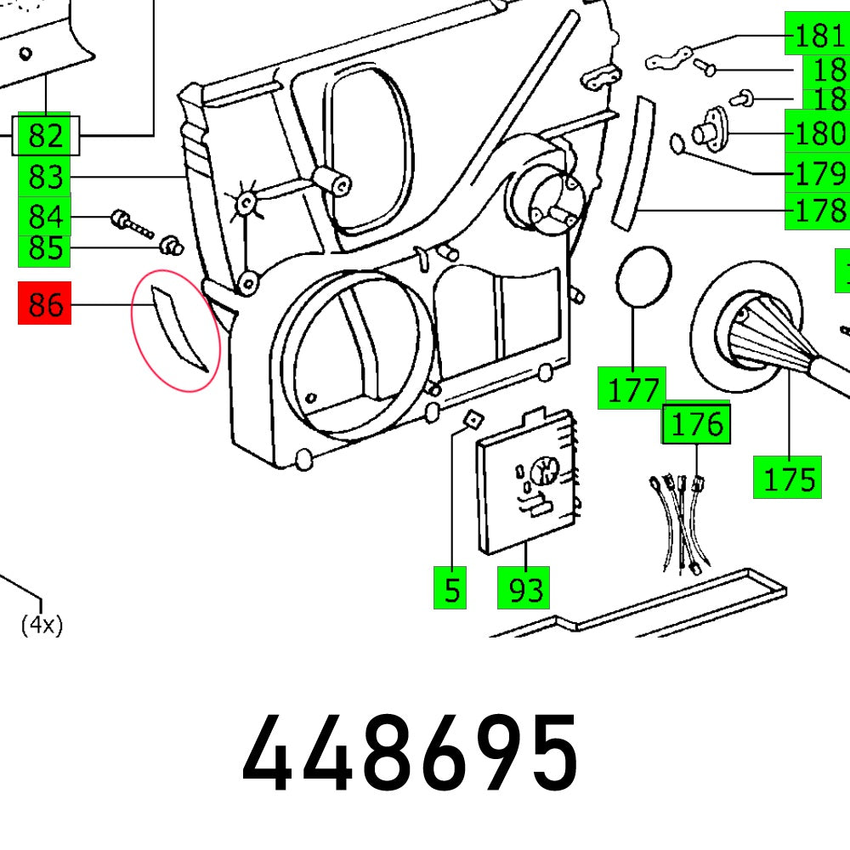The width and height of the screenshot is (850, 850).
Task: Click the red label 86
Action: point(45,304)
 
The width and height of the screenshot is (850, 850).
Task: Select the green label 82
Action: point(45,136)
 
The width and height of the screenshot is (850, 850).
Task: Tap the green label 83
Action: point(45,178)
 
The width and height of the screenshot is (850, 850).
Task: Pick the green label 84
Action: point(45,217)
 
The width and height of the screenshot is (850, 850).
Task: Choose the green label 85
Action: point(45,249)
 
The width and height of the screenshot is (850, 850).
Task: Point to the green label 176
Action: point(696,423)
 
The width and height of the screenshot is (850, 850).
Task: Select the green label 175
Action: point(787,478)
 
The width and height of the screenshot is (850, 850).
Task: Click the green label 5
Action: point(450,588)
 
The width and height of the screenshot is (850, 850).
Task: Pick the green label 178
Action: point(817,209)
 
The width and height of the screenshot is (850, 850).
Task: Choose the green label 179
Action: point(817,173)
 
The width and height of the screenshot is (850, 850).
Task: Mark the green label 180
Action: point(817,133)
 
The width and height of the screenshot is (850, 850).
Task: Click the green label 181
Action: point(817,37)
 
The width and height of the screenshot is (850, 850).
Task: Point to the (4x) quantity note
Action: point(42,626)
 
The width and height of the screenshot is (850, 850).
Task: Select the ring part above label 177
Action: point(643,276)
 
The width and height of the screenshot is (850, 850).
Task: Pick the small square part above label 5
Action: point(471,417)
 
